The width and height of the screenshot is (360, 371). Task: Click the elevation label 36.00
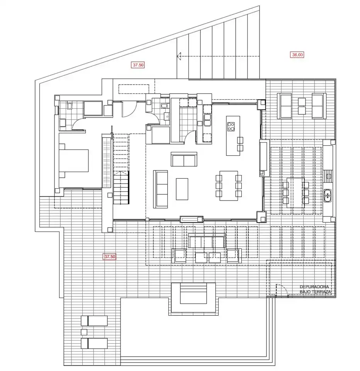point(297,54)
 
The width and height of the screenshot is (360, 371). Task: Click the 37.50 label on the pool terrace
point(110,257)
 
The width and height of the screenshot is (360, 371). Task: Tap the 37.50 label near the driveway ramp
point(138,65)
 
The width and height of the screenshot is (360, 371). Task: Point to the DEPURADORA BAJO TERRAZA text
point(315,289)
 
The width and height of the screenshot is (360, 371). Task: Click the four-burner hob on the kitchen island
point(231,127)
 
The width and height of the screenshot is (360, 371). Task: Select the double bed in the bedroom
point(73,160)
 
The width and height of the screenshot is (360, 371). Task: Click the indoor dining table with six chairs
point(229,186)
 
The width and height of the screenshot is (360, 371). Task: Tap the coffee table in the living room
point(182,189)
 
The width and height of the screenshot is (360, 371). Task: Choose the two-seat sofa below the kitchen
point(184,159)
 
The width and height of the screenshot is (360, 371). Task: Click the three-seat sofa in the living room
point(160,189)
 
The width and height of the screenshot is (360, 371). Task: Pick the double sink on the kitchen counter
point(207,120)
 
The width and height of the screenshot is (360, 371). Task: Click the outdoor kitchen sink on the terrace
point(328,196)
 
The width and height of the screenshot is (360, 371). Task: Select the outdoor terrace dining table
point(295,193)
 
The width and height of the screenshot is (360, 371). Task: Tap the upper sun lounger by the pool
point(94,321)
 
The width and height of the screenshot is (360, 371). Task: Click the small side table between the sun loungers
point(84,332)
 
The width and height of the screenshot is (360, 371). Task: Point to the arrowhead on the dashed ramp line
point(179,56)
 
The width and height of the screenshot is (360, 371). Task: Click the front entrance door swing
point(129,109)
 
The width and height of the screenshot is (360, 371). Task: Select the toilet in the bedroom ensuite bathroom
point(70,106)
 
